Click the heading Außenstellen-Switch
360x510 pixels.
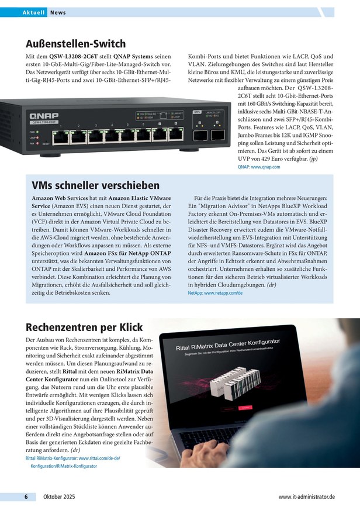(x=75, y=44)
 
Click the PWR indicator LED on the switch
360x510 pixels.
(x=37, y=132)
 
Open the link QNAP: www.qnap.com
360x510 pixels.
(x=258, y=167)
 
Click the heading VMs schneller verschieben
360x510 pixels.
(x=95, y=185)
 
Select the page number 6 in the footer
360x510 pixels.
(x=26, y=497)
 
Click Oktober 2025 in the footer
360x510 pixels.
(x=59, y=497)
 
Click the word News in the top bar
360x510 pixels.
(x=57, y=12)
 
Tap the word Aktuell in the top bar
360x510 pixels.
(x=34, y=12)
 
